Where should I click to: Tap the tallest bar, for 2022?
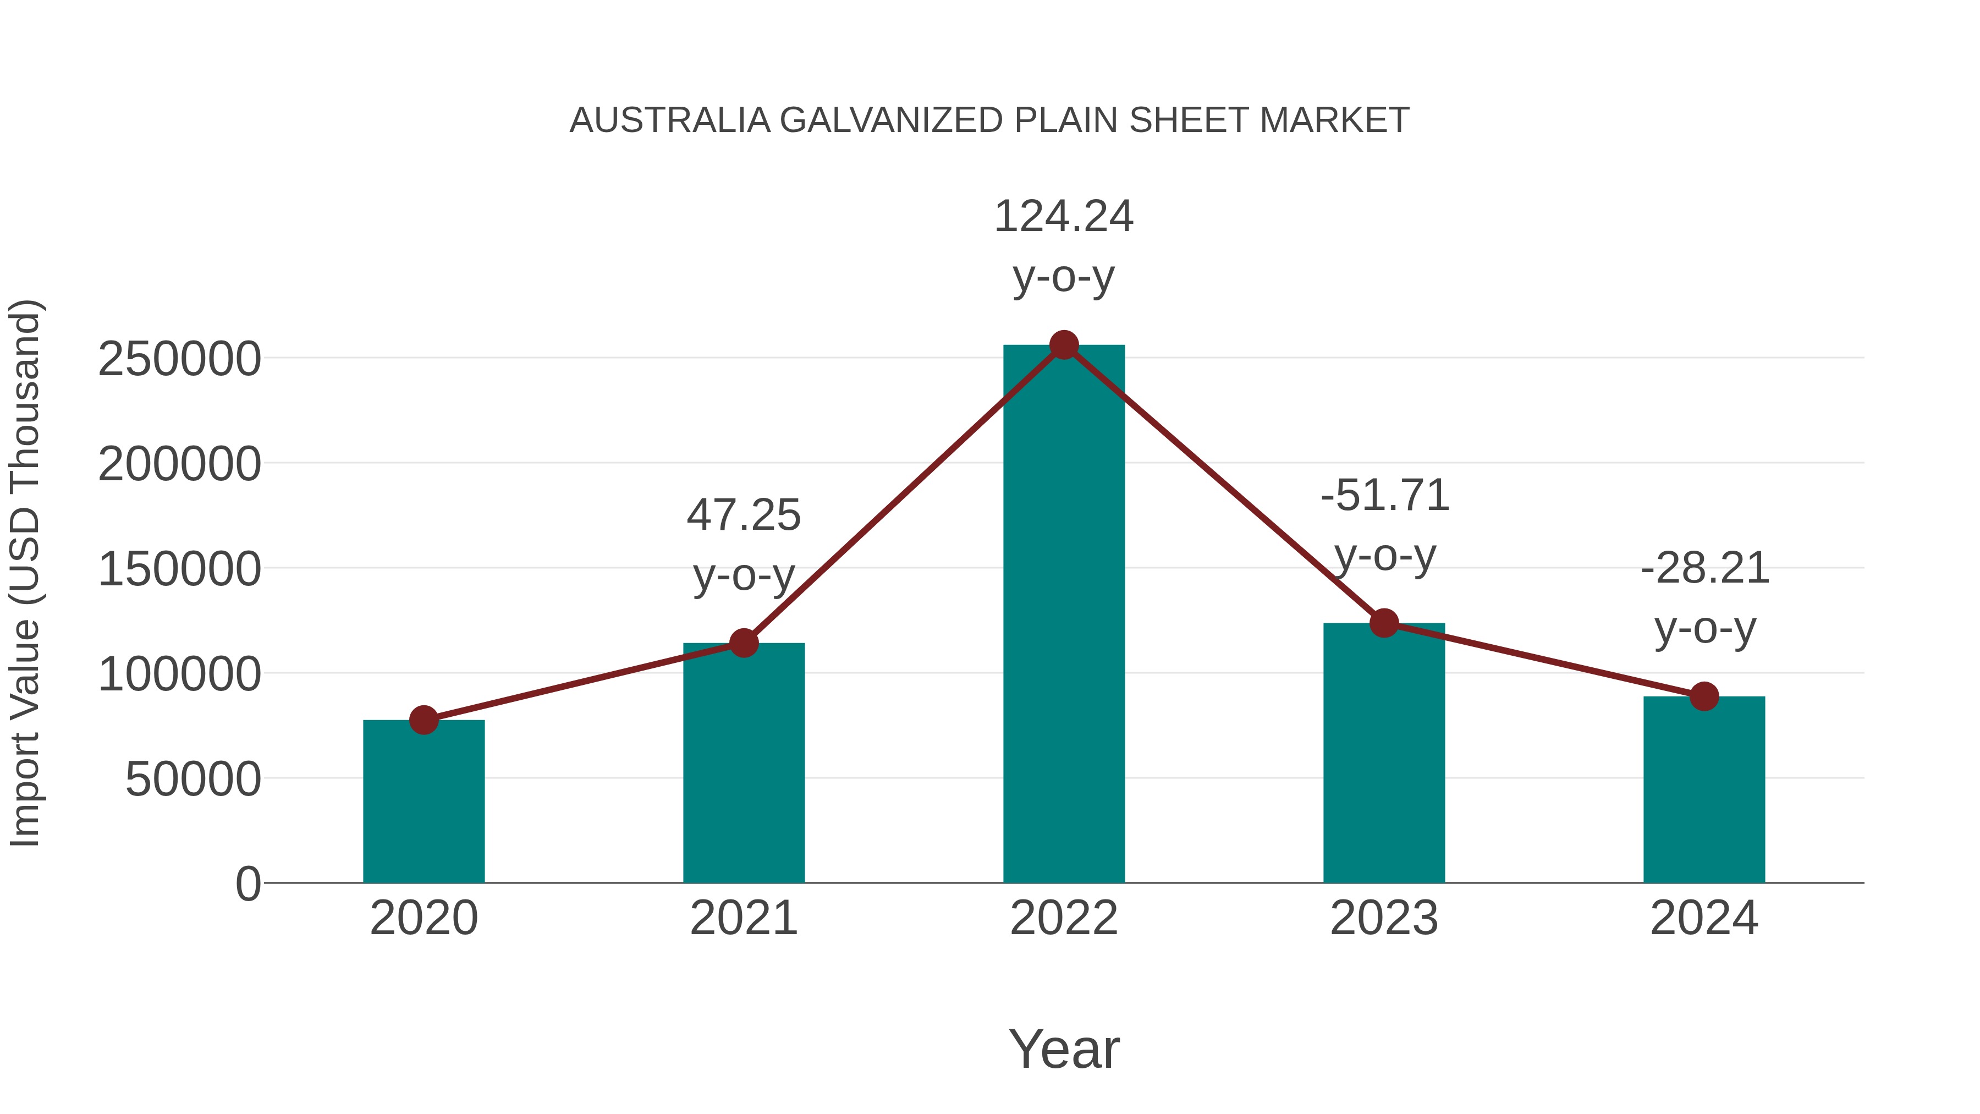click(x=1064, y=615)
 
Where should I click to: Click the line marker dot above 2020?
click(x=424, y=720)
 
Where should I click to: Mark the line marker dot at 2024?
click(x=1704, y=696)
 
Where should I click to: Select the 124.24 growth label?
click(x=1064, y=216)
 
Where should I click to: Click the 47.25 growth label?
click(x=743, y=514)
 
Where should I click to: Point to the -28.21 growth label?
click(x=1705, y=568)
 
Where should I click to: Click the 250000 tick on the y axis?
click(x=179, y=359)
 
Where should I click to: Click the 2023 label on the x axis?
click(x=1384, y=918)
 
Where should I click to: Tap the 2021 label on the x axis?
click(x=743, y=918)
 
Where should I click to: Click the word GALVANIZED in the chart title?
click(x=891, y=120)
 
